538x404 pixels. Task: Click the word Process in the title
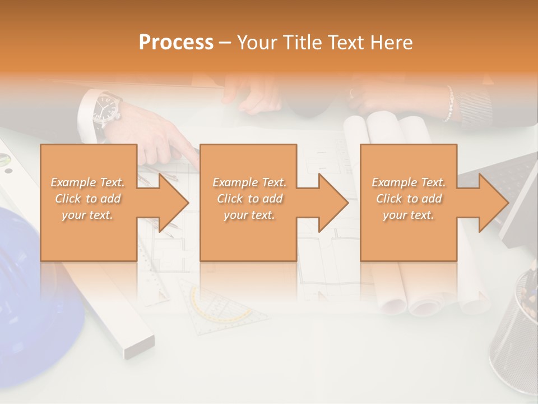coord(176,43)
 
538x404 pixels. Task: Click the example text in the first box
coord(87,199)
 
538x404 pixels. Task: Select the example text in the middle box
coord(249,199)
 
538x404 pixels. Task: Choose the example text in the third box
coord(409,199)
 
